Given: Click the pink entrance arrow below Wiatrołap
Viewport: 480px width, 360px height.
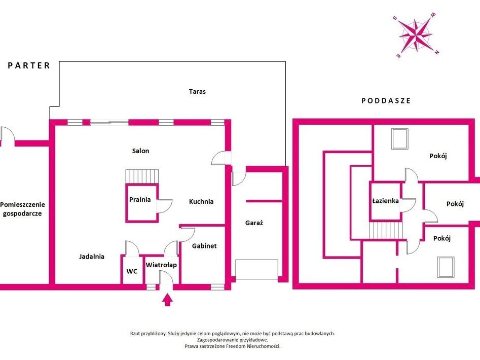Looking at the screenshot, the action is coord(167,300).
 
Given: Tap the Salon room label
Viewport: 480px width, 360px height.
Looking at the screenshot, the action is coord(140,151).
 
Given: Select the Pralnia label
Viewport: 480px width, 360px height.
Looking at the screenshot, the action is coord(140,199).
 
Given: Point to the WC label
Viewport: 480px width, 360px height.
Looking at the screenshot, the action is coord(132,271).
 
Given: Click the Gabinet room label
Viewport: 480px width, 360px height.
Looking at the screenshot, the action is coord(204,245).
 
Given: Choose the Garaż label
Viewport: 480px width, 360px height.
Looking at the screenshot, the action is coord(254,223).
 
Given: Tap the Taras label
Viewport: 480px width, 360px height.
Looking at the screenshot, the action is coord(197,91).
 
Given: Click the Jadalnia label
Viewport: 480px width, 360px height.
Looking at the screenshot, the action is coord(92,257).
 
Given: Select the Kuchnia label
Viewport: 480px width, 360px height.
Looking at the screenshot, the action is coord(201,201).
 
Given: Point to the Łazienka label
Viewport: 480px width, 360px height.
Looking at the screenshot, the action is coord(385,201).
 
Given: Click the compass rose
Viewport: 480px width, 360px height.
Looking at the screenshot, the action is coord(416,35).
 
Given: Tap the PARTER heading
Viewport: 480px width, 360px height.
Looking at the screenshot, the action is coord(29,65).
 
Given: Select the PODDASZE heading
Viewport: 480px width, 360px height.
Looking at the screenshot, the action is coord(386,101).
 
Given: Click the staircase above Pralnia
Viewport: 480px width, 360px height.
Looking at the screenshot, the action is coord(142,176).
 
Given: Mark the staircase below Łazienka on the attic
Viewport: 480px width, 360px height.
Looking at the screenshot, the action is coord(385,230).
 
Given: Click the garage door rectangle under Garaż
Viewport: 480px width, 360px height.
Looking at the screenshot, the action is coord(257,269).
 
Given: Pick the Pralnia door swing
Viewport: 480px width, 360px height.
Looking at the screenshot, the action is coord(165,206).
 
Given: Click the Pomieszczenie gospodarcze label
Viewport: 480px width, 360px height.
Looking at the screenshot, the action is coord(22,209).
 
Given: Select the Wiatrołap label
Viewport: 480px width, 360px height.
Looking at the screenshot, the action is coord(161,265).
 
